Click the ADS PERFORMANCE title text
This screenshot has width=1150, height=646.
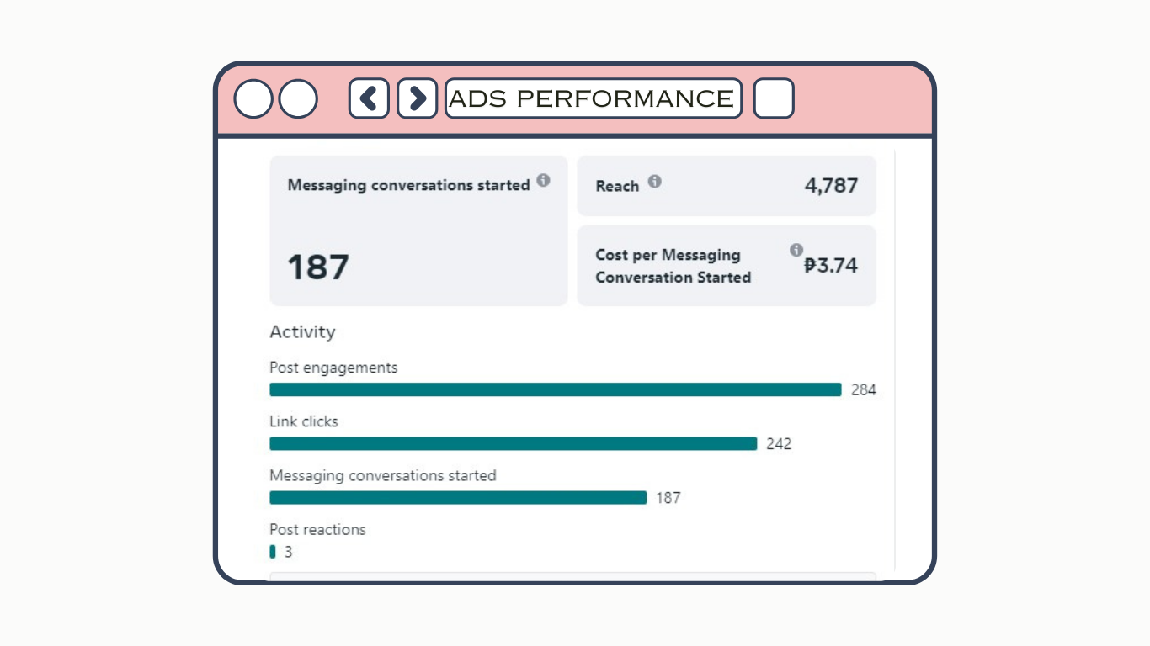click(x=592, y=98)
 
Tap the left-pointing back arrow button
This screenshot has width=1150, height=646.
click(x=369, y=98)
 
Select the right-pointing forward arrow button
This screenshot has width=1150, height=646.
click(x=417, y=98)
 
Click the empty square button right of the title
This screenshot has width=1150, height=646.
click(x=774, y=98)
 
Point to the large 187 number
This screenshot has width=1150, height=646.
click(x=318, y=267)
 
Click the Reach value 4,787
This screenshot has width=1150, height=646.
click(x=831, y=185)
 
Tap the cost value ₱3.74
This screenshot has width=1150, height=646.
click(x=830, y=266)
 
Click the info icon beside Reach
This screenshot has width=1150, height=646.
click(x=654, y=181)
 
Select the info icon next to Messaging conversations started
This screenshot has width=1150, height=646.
click(x=543, y=180)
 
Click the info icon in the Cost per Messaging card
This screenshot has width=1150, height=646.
click(x=796, y=250)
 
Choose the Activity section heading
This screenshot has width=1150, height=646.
click(x=302, y=332)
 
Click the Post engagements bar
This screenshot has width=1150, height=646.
click(x=556, y=389)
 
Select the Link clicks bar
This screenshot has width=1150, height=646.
click(x=514, y=443)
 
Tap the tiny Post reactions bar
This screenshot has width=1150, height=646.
click(x=273, y=552)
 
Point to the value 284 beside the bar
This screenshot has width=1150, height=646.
click(x=863, y=390)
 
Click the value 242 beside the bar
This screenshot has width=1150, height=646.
click(x=779, y=444)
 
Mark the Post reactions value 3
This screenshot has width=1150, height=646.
click(x=289, y=553)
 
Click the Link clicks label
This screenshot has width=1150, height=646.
click(x=303, y=421)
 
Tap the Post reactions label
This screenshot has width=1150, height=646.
click(x=317, y=529)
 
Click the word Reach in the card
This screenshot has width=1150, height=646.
click(x=617, y=186)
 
